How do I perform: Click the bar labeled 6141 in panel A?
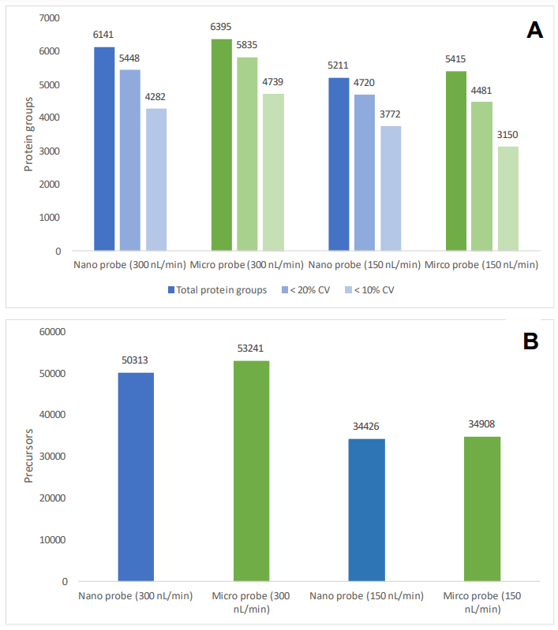coord(104,149)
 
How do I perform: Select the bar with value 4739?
coord(273,172)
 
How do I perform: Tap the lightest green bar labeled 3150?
coord(507,199)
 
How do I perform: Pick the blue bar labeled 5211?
coord(339,164)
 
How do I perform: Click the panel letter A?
coord(534,31)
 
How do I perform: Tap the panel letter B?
coord(530,341)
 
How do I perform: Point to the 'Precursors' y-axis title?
coord(29,456)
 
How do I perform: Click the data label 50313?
coord(136,361)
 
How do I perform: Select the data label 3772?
coord(390,115)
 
